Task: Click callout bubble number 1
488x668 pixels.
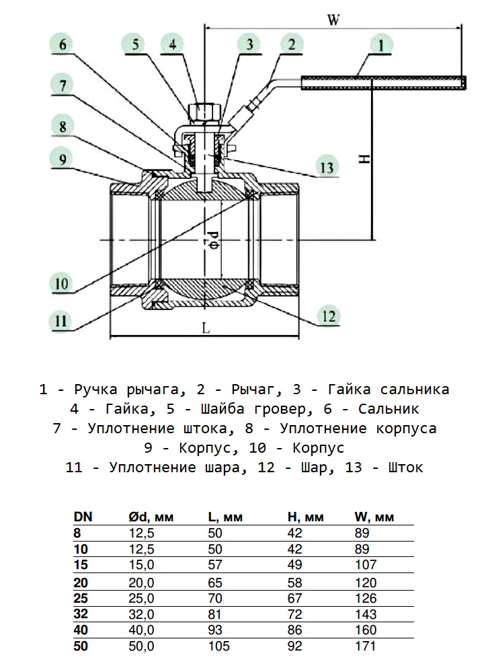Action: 380,46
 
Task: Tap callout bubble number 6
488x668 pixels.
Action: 62,46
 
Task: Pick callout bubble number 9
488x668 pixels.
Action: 62,159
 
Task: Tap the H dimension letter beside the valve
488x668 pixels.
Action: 364,159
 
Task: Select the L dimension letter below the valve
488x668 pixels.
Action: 206,329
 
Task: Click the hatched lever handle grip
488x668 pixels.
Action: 383,83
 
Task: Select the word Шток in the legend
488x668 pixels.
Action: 405,468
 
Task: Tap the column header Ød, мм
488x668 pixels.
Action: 151,517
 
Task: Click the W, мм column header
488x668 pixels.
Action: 374,517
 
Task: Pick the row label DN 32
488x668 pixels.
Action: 81,614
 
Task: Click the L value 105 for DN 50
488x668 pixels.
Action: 218,646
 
